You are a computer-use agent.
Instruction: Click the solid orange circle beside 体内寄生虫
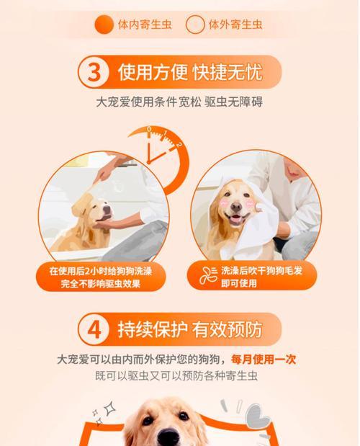[104, 25]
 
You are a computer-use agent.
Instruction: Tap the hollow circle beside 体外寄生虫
[195, 25]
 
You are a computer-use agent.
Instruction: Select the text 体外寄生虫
[235, 25]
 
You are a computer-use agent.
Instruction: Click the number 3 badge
[96, 73]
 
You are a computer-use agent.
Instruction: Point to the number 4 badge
[96, 330]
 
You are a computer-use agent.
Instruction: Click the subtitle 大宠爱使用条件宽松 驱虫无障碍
[179, 102]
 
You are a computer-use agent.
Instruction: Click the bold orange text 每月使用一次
[264, 358]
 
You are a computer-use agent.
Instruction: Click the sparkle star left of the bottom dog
[109, 409]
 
